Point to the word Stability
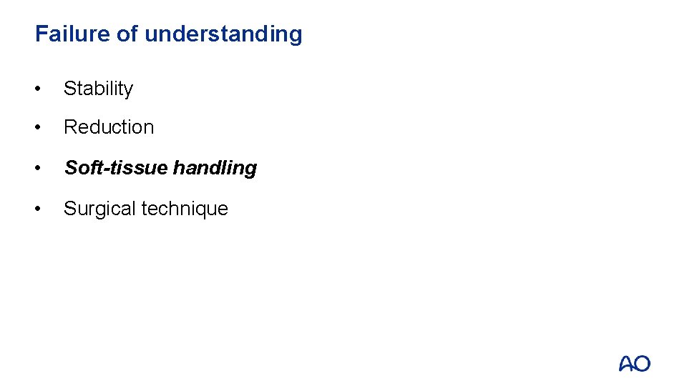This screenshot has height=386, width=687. coord(98,89)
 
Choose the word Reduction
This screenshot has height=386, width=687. coord(109,127)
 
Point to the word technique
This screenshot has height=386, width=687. coord(185,209)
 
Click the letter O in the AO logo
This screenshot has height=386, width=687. coord(642,364)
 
